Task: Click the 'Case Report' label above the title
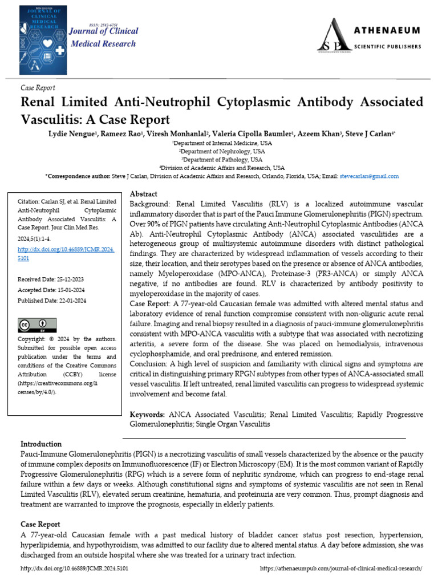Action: coord(38,88)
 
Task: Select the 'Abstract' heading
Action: coord(144,194)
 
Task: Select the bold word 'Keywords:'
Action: coord(148,415)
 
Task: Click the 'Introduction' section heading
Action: coord(41,444)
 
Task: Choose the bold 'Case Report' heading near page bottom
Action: coord(40,524)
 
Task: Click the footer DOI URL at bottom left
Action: coord(74,569)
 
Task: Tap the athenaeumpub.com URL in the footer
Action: coord(340,569)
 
